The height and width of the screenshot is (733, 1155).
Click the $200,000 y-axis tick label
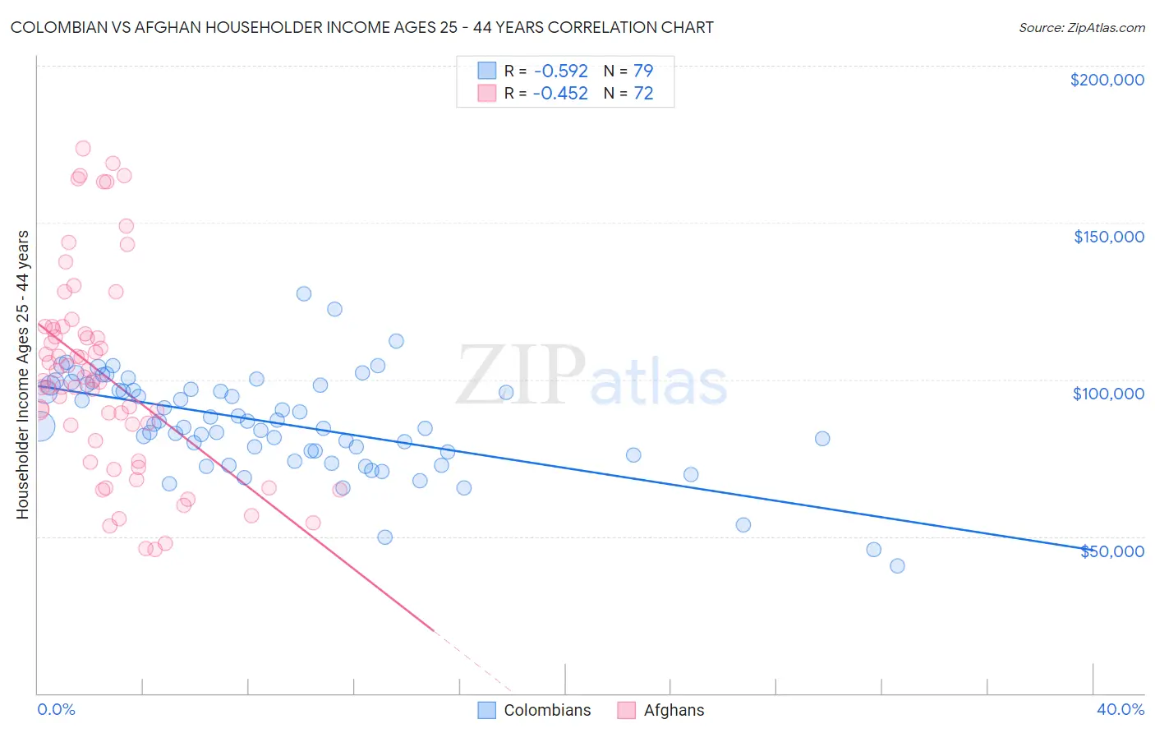(x=1107, y=80)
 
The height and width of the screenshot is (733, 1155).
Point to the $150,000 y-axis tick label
(x=1108, y=237)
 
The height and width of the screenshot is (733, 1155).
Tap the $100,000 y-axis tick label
(x=1108, y=394)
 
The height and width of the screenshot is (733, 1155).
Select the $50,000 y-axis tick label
(x=1111, y=551)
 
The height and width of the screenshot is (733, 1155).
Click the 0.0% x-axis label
(x=56, y=709)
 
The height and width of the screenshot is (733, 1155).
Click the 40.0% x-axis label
(x=1120, y=709)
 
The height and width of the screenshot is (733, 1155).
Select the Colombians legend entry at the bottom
(x=547, y=710)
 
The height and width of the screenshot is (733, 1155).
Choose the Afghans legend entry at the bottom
(x=674, y=710)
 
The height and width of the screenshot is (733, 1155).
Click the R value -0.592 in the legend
(x=560, y=71)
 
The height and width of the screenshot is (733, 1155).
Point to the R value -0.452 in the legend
(x=560, y=94)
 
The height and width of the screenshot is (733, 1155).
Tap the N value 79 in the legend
(x=643, y=71)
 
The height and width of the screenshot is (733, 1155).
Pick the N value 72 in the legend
(x=643, y=94)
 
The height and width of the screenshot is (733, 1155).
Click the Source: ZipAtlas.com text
(x=1081, y=27)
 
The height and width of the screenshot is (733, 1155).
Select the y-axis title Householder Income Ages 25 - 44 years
(x=22, y=374)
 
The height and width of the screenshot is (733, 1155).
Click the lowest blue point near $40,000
(x=897, y=565)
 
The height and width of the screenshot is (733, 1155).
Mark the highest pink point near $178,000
(x=83, y=149)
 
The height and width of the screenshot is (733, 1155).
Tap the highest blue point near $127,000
(x=304, y=293)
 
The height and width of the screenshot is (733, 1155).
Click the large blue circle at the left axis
(x=39, y=426)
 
